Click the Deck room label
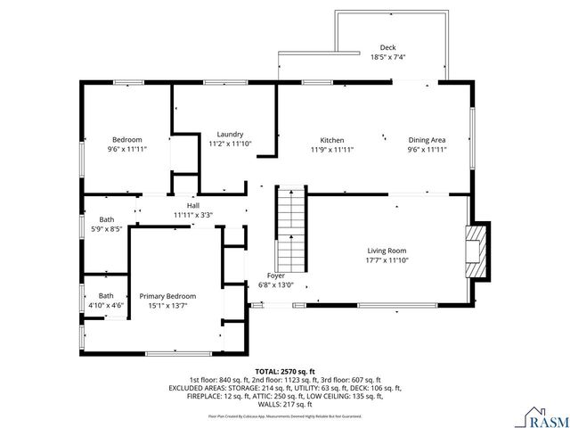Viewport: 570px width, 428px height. click(x=387, y=47)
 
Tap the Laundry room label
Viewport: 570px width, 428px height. click(x=230, y=134)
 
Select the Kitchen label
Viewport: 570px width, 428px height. click(x=332, y=140)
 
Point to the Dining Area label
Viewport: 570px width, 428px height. click(x=427, y=140)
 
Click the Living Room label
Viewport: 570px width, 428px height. click(x=387, y=251)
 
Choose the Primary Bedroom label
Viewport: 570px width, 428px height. click(x=167, y=296)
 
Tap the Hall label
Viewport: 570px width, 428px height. click(x=193, y=206)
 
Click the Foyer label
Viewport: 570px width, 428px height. click(x=275, y=276)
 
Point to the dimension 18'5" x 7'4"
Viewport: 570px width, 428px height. click(x=387, y=57)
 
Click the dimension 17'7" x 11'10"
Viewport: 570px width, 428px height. click(x=387, y=260)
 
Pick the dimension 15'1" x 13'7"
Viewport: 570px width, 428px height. click(x=167, y=306)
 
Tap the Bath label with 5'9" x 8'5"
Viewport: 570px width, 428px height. click(x=106, y=220)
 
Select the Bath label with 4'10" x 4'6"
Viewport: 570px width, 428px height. click(x=106, y=296)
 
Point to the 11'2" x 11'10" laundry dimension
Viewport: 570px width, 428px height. click(x=230, y=144)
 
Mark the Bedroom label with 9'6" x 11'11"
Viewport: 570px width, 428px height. click(x=126, y=140)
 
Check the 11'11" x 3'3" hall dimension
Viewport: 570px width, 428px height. click(x=193, y=215)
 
